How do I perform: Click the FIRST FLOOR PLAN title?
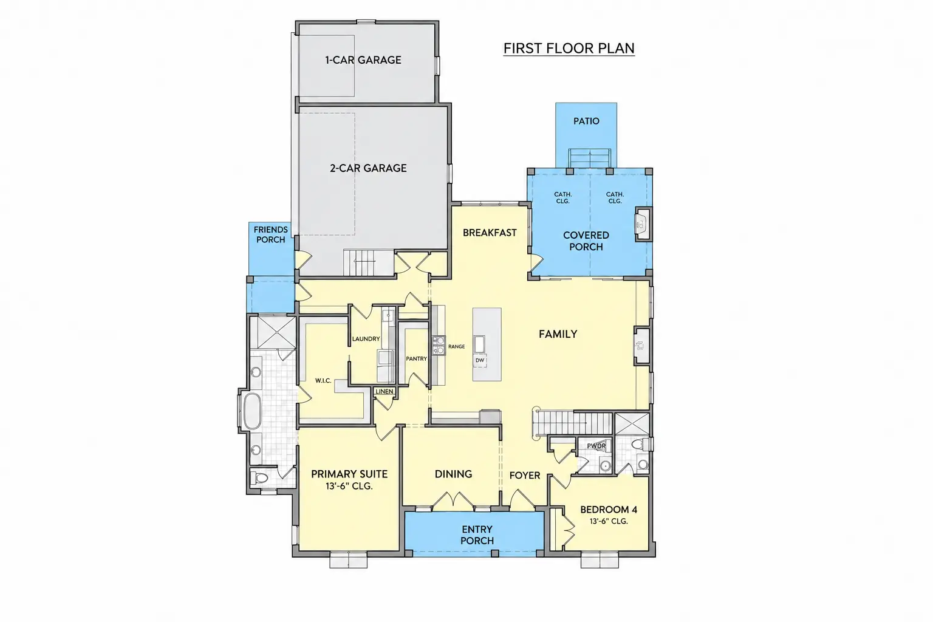[x=569, y=49]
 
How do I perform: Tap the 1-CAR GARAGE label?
[x=363, y=60]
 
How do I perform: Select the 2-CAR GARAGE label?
[x=368, y=168]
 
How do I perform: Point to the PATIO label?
[x=586, y=121]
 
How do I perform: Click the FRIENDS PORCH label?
[x=271, y=234]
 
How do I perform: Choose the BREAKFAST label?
[x=490, y=233]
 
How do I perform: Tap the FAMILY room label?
[x=558, y=333]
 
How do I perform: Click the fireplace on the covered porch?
[x=643, y=224]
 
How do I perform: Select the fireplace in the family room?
[x=642, y=346]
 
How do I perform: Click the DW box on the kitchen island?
[x=480, y=360]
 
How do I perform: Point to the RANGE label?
[x=457, y=347]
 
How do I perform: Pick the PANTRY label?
[x=417, y=359]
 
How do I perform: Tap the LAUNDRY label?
[x=366, y=339]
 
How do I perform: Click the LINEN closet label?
[x=384, y=392]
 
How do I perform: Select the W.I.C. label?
[x=323, y=380]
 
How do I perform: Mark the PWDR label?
[x=596, y=446]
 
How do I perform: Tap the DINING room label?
[x=454, y=474]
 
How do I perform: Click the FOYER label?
[x=525, y=476]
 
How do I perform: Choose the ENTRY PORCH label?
[x=477, y=535]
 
